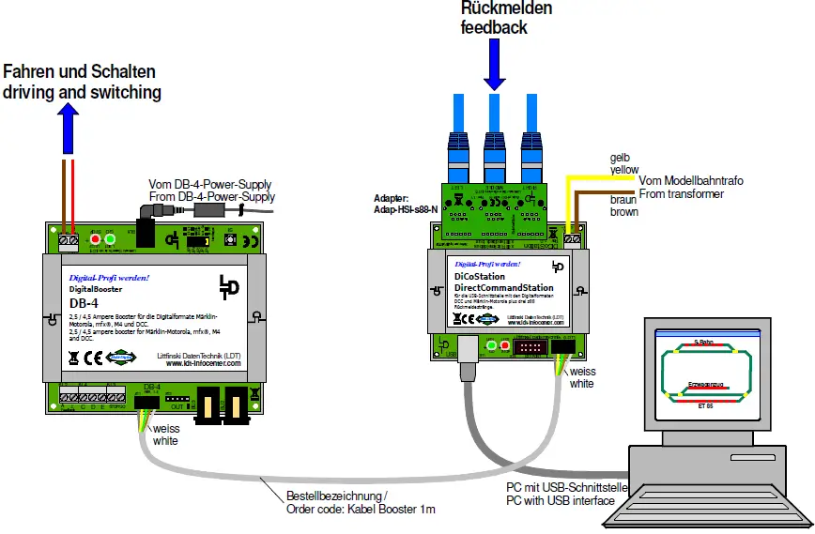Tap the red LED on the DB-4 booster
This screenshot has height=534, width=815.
click(95, 240)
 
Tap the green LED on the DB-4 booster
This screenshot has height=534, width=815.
click(110, 240)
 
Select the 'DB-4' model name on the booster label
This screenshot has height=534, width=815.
click(84, 303)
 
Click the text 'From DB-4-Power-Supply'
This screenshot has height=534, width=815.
click(212, 197)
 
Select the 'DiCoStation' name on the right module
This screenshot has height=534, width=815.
click(480, 277)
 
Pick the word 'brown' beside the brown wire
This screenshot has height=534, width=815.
click(624, 212)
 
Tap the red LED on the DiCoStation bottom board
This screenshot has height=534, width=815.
click(504, 347)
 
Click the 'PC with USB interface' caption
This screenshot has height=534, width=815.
click(561, 500)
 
